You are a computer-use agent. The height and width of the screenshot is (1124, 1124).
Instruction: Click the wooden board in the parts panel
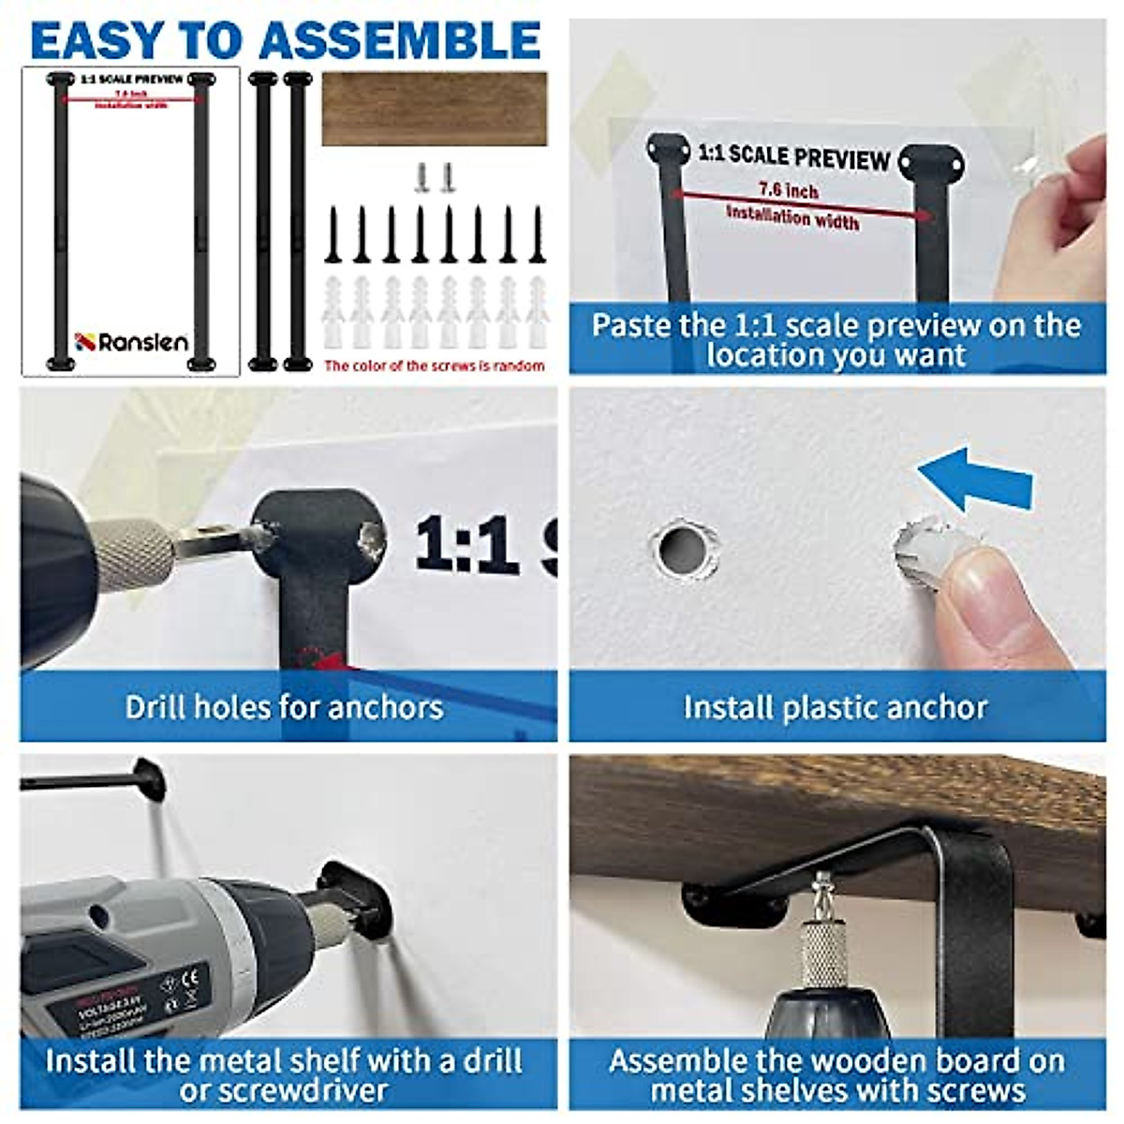435,109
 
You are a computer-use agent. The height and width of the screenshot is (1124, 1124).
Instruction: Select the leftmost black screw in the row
333,236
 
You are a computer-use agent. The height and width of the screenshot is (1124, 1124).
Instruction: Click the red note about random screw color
435,365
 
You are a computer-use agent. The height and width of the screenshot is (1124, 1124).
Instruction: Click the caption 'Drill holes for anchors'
284,706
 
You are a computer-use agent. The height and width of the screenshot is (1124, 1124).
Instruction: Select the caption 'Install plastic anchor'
835,706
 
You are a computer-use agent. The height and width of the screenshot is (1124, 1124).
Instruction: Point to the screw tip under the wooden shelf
822,884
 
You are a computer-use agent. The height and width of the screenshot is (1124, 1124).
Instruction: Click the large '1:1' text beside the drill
466,543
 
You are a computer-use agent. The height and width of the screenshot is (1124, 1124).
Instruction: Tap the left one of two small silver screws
421,176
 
